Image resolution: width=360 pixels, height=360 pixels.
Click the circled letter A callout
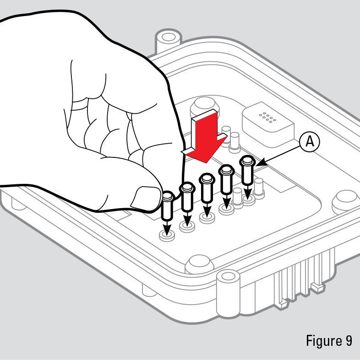point(310,142)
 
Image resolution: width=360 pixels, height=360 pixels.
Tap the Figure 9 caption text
point(329,341)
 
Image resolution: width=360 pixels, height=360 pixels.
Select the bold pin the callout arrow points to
point(247,170)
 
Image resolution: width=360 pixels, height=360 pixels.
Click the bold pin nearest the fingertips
point(167,205)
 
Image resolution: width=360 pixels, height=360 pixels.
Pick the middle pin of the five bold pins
point(207,188)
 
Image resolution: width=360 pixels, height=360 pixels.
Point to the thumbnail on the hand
point(144,198)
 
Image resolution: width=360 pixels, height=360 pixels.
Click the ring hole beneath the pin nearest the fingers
point(167,236)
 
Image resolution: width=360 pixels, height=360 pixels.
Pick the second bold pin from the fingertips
point(187,197)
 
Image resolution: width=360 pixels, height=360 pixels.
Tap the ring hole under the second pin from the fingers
point(187,226)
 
